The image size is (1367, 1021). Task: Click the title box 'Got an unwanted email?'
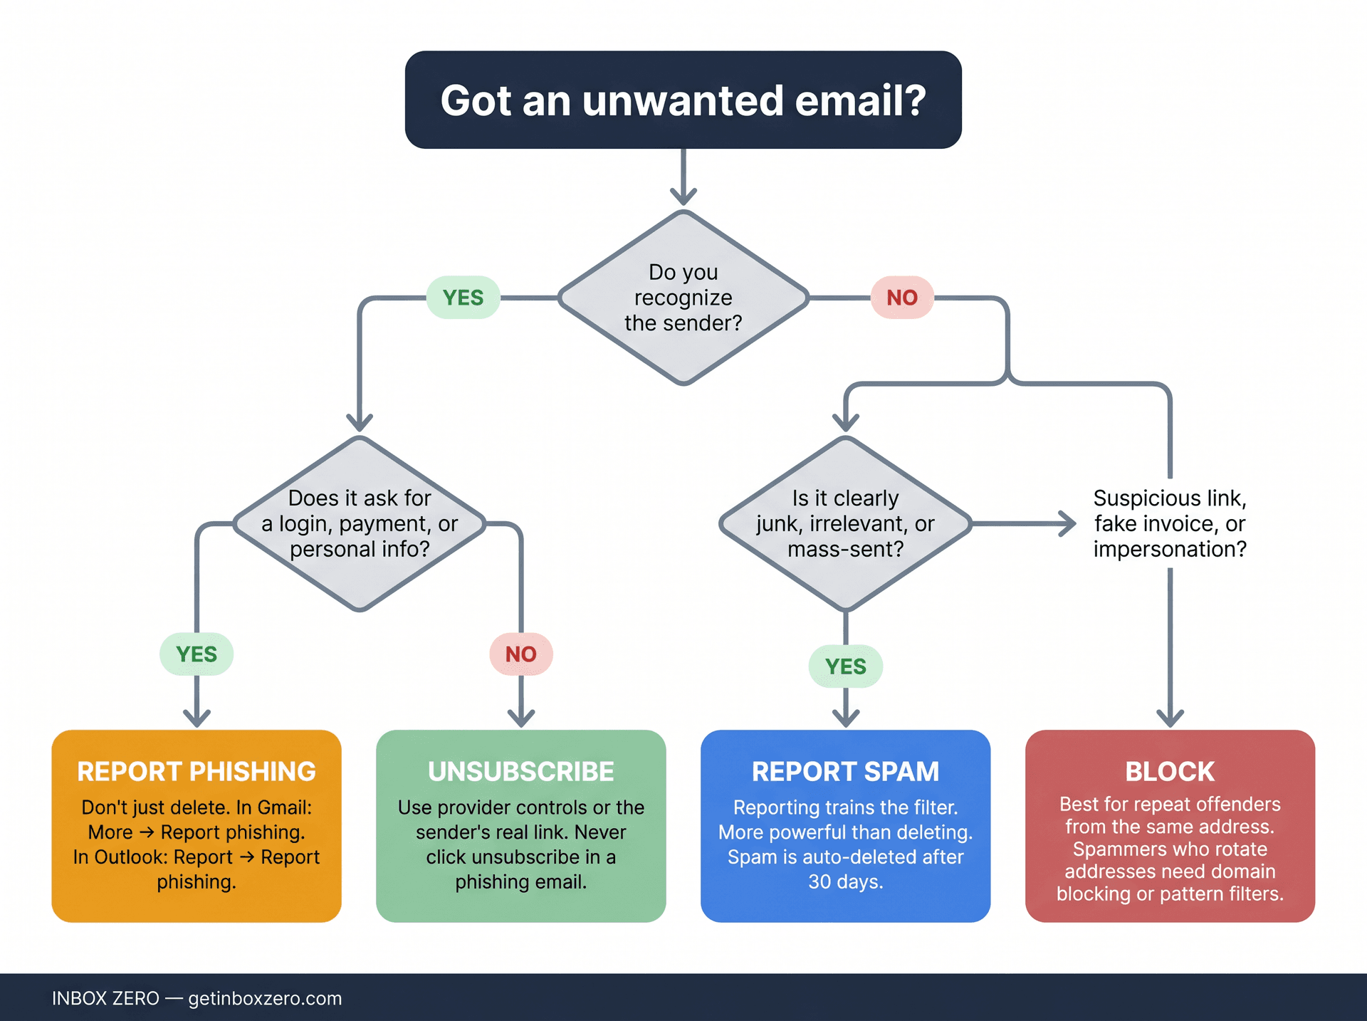[683, 100]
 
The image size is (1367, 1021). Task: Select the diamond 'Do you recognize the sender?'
[683, 298]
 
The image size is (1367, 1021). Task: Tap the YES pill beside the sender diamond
[463, 298]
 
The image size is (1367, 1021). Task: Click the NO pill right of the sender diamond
[901, 298]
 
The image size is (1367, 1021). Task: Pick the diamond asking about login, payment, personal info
[360, 523]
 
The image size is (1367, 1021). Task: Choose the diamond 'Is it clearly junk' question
[845, 523]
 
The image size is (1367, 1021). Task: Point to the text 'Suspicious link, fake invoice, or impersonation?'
[1170, 523]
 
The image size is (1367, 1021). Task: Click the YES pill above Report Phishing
[197, 654]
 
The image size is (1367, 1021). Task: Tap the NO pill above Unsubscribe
[520, 654]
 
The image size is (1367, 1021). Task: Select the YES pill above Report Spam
[845, 666]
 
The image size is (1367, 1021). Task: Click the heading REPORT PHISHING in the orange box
[197, 772]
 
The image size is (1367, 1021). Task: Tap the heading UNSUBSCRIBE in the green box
[520, 772]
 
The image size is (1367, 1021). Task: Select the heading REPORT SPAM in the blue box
[845, 772]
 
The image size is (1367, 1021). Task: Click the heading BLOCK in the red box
[1170, 772]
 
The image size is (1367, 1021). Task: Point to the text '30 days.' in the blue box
[845, 882]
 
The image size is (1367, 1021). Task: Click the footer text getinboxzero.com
[265, 998]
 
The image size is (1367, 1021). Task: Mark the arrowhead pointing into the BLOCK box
[1170, 718]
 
